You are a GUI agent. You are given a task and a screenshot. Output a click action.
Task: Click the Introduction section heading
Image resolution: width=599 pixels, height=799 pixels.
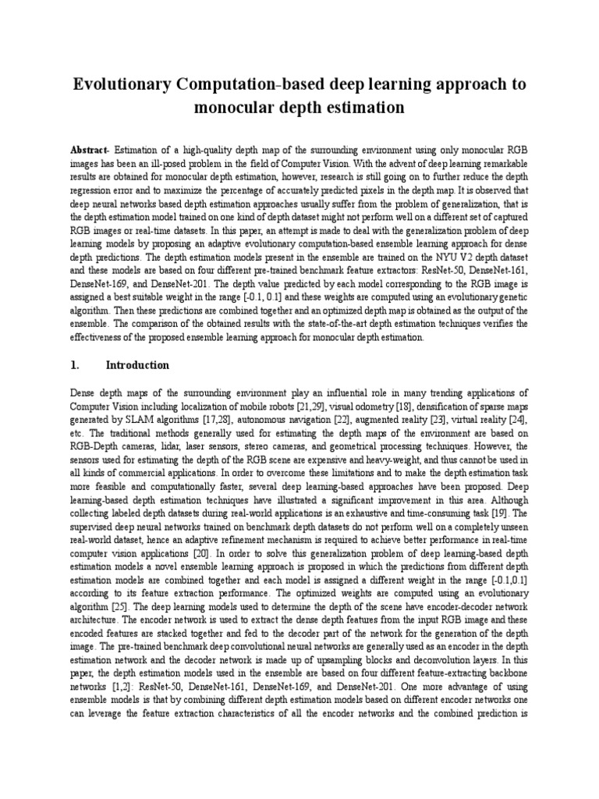click(137, 365)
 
